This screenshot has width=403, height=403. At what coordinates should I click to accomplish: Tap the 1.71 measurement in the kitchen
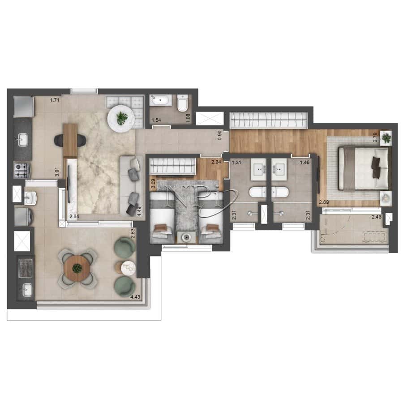tap(55, 100)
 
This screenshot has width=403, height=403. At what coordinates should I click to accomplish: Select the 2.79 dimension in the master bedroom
tap(375, 137)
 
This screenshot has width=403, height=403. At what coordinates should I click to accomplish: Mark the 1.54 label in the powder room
tap(156, 120)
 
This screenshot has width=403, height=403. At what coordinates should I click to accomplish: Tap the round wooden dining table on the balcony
tap(77, 268)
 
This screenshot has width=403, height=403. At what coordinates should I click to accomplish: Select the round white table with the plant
tap(121, 118)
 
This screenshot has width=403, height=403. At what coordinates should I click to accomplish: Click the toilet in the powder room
tap(182, 104)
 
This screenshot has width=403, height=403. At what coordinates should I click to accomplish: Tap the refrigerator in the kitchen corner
tap(23, 106)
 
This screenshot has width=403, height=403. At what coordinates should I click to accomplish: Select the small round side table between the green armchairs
tap(128, 267)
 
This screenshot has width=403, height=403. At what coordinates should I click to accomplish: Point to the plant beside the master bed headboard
tap(386, 137)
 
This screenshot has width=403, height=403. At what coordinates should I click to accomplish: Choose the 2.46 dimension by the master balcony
tap(376, 217)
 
